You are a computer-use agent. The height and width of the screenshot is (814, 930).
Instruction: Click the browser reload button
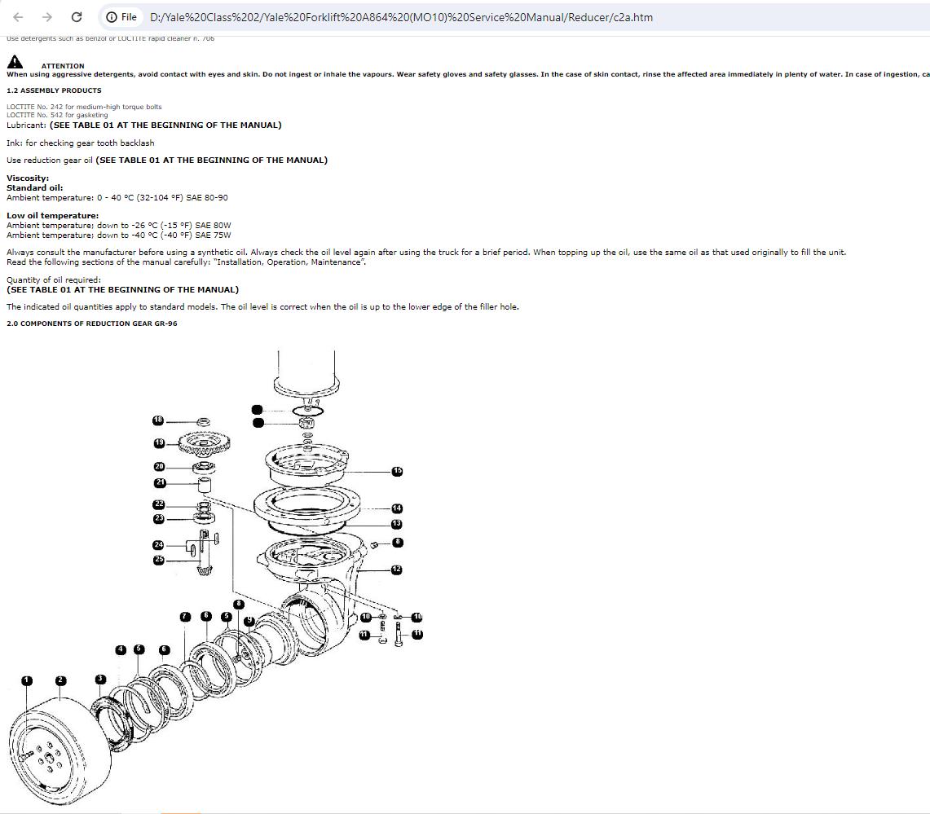tap(76, 17)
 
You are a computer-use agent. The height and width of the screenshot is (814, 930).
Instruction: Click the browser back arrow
tap(18, 17)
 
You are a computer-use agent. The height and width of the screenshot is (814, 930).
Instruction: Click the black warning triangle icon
tap(15, 62)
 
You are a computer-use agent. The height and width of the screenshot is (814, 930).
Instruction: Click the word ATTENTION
tap(63, 66)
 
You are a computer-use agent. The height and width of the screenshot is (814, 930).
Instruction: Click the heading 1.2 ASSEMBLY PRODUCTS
tap(54, 90)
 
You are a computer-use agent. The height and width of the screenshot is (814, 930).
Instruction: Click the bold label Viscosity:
tap(28, 178)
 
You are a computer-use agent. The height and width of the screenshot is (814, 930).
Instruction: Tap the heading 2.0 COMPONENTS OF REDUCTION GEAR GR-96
tap(91, 323)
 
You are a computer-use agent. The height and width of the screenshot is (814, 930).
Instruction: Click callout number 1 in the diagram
tap(27, 680)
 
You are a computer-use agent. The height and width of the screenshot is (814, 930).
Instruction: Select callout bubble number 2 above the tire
tap(60, 680)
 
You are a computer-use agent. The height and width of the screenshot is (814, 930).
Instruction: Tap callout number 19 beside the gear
tap(159, 442)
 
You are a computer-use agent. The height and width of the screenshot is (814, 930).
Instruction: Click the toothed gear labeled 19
tap(204, 443)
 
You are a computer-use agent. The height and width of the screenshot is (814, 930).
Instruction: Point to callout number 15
tap(397, 471)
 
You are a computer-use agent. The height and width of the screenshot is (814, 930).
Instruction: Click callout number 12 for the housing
tap(396, 570)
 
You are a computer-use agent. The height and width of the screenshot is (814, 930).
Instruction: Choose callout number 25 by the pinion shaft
tap(159, 560)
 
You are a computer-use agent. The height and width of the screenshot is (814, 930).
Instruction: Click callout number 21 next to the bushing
tap(160, 482)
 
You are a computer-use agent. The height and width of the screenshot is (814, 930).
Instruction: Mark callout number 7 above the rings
tap(185, 617)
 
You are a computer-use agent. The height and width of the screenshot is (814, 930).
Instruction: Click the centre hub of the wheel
tap(49, 757)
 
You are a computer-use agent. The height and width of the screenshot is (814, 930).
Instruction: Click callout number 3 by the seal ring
tap(100, 679)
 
